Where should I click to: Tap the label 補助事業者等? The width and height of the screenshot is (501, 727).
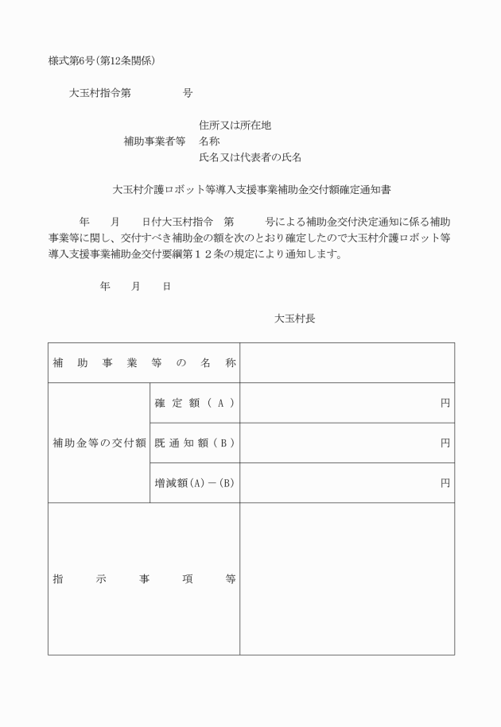tap(154, 141)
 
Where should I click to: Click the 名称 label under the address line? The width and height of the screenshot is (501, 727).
tap(209, 141)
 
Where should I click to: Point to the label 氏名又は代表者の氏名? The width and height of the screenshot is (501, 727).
tap(250, 157)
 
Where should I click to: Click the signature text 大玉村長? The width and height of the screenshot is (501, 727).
tap(295, 319)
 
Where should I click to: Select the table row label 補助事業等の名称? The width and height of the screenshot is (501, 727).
tap(144, 363)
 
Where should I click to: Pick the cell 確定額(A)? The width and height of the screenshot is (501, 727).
tap(194, 403)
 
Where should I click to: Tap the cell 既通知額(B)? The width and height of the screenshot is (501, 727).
tap(194, 443)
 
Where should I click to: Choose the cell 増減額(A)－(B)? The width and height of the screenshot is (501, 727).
tap(194, 482)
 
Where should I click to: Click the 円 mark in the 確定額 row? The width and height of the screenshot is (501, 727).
tap(445, 403)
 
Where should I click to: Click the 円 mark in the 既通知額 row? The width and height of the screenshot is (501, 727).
tap(445, 443)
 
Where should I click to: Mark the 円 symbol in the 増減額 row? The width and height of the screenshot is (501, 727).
tap(445, 482)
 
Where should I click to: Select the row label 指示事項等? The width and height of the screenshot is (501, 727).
tap(144, 579)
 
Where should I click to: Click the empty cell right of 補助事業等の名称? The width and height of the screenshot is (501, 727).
tap(347, 363)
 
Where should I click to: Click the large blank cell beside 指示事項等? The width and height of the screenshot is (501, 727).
tap(347, 579)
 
